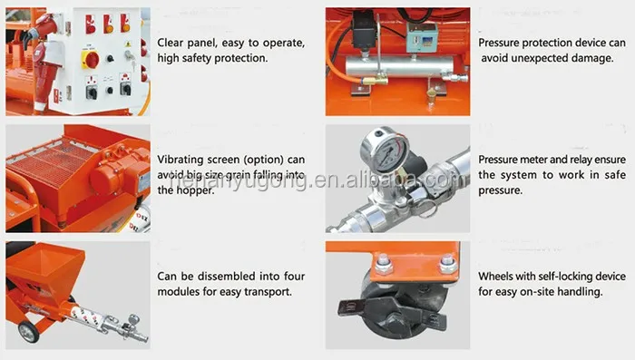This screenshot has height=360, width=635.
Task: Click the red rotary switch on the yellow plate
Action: tap(91, 60)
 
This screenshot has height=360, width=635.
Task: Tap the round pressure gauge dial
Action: tap(384, 151)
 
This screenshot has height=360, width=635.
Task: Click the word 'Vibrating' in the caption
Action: tap(180, 160)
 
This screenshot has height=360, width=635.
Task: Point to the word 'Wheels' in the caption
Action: tap(493, 277)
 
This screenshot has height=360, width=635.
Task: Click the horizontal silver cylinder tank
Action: tap(399, 66)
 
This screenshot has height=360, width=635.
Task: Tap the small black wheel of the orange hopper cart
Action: tap(28, 332)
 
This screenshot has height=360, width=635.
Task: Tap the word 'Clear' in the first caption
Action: tap(171, 43)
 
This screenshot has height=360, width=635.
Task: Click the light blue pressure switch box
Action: tap(421, 38)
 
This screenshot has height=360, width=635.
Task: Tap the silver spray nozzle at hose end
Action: tap(128, 327)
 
